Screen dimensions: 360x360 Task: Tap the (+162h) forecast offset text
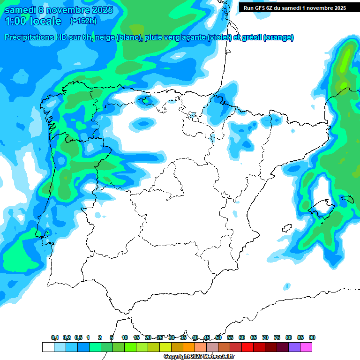click(83, 21)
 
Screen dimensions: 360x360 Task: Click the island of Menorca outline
click(347, 199)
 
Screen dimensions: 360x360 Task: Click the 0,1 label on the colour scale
click(55, 337)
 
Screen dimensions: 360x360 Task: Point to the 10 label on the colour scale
click(125, 337)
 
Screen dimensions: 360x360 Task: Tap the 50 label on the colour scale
click(218, 337)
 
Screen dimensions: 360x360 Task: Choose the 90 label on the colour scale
click(312, 337)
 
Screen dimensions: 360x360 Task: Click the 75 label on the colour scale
click(277, 337)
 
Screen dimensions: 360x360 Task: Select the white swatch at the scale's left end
click(48, 347)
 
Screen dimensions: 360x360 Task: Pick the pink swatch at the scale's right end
click(306, 347)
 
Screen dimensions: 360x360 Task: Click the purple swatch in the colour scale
click(294, 347)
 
